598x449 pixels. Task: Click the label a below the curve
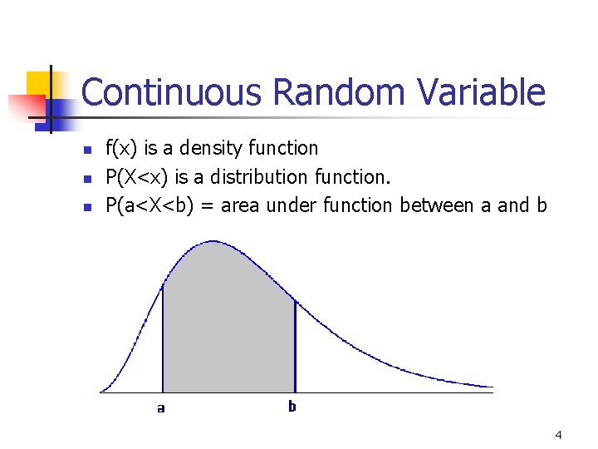(x=161, y=408)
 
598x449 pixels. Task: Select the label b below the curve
(x=292, y=407)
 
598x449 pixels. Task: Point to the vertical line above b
(x=295, y=345)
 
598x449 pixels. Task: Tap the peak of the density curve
(x=214, y=242)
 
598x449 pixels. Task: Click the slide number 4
(x=558, y=435)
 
